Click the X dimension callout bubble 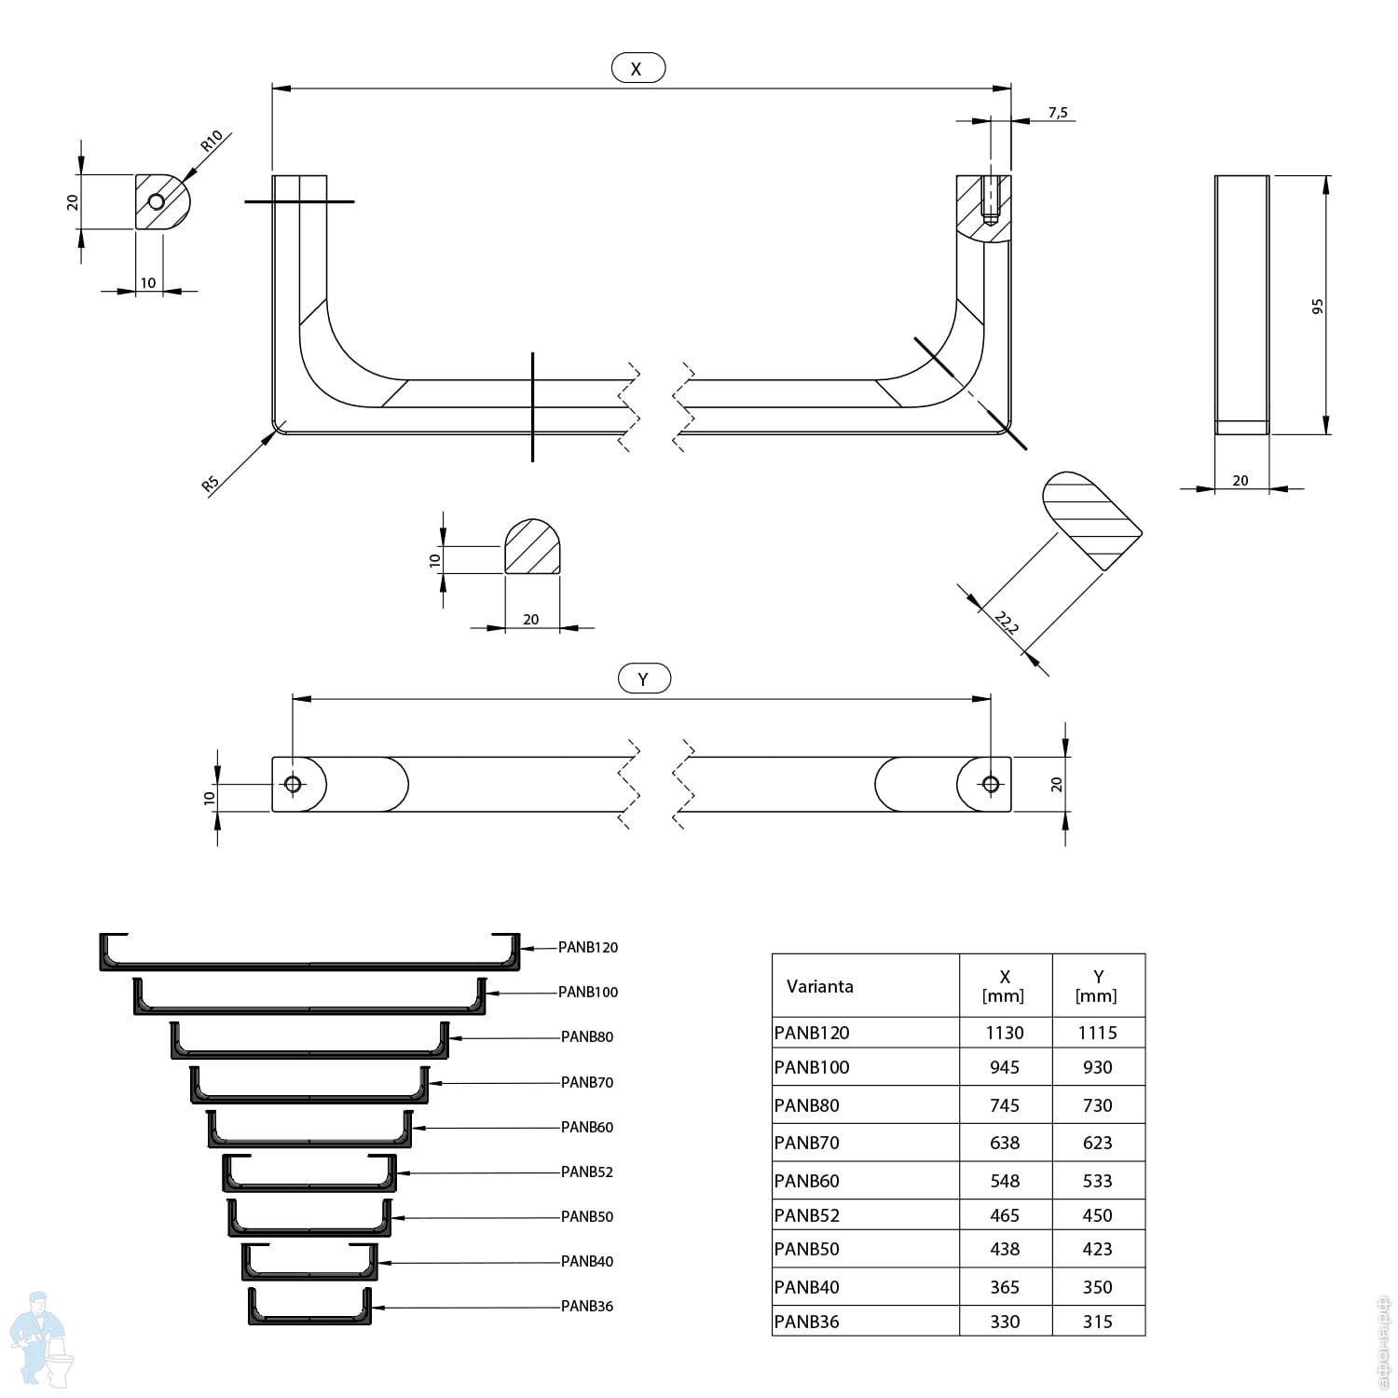click(x=637, y=68)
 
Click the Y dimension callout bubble click(x=644, y=678)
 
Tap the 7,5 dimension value click(x=1058, y=113)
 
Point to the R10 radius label click(x=212, y=141)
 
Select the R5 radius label click(x=211, y=484)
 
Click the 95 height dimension click(x=1318, y=306)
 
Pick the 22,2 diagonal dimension click(x=1007, y=622)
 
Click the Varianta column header click(x=819, y=986)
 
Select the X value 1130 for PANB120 click(x=1005, y=1033)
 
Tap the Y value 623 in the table click(x=1097, y=1143)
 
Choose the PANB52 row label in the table click(x=807, y=1215)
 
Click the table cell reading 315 click(x=1097, y=1322)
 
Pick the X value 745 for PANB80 click(x=1005, y=1105)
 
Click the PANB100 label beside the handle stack click(x=588, y=992)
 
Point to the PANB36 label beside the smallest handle click(x=587, y=1306)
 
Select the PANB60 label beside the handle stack click(x=587, y=1127)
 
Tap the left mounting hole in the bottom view click(x=293, y=784)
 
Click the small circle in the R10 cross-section click(x=157, y=202)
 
